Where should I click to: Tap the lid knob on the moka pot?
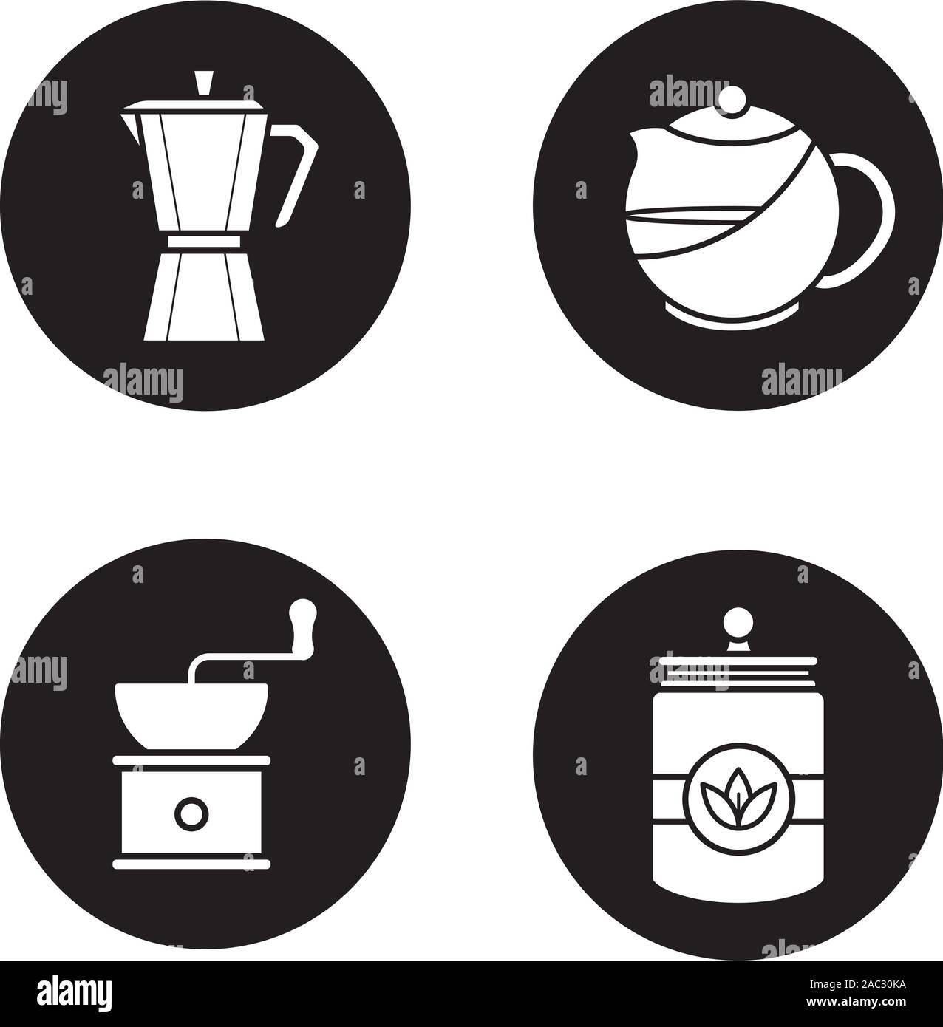202,83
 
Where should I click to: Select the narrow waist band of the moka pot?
202,242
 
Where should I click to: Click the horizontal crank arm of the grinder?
236,661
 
